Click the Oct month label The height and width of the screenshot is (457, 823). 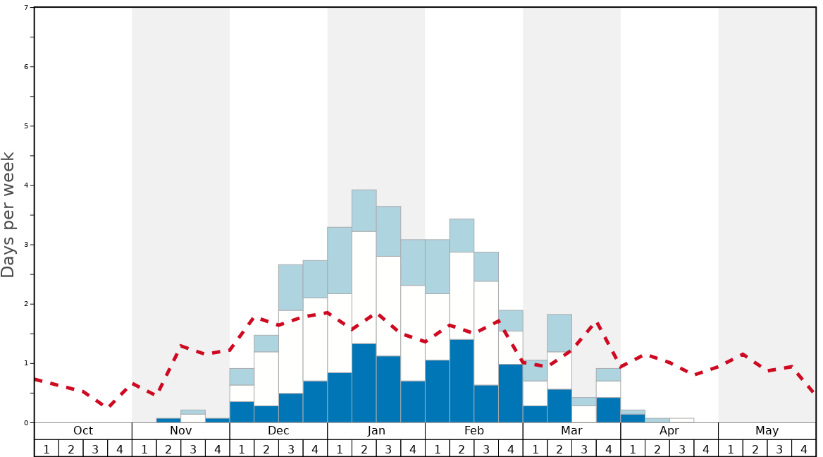(83, 431)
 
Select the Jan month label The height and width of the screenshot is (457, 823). (376, 431)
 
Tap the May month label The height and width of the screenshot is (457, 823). (767, 431)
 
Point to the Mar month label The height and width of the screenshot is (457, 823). (571, 431)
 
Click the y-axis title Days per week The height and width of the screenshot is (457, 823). (8, 215)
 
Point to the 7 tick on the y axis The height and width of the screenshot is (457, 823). (26, 8)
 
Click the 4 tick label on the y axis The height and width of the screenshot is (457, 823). (26, 185)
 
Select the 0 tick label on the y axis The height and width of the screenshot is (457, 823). (26, 422)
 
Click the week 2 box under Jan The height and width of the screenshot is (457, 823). (364, 449)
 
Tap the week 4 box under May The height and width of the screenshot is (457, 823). (804, 449)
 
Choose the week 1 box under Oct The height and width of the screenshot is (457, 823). (47, 449)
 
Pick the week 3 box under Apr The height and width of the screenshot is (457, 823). (682, 449)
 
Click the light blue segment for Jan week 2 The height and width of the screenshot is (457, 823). (364, 210)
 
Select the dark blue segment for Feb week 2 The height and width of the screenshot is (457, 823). (462, 381)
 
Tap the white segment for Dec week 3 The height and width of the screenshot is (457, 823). (291, 352)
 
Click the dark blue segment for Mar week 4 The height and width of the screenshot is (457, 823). (608, 410)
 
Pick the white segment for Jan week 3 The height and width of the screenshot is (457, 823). (388, 306)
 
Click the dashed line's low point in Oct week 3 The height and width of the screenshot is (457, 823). (109, 407)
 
